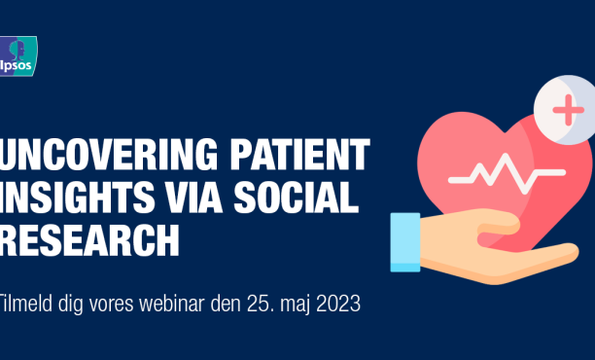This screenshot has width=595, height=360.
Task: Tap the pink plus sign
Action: pos(567,110)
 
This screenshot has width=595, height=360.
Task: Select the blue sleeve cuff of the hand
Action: pos(405,241)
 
